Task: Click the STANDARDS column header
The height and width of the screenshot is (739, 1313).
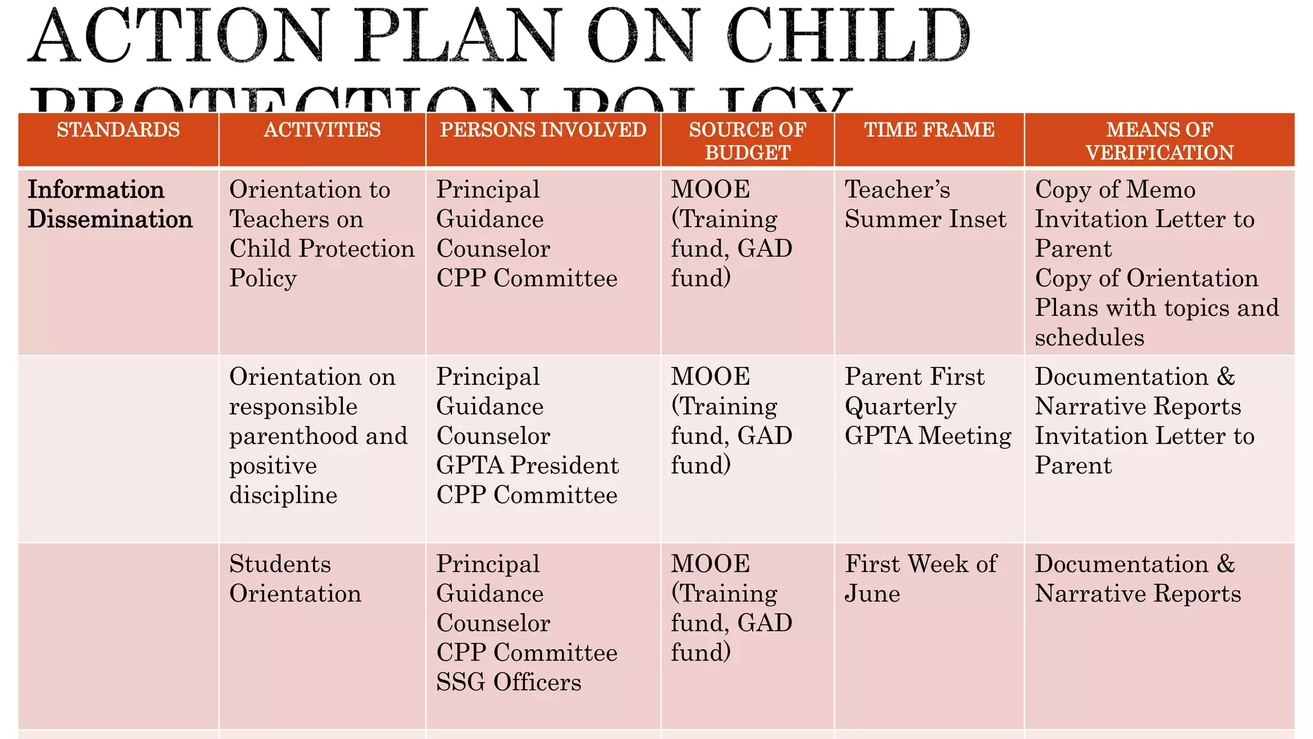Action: pos(118,130)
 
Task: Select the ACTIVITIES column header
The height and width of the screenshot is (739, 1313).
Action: pos(322,130)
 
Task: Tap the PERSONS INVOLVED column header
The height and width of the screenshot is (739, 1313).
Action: pos(543,130)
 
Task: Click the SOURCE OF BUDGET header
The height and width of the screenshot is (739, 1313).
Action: pos(747,141)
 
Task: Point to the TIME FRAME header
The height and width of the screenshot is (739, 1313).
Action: pos(929,130)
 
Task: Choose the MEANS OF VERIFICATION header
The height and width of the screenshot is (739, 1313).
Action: pos(1159,141)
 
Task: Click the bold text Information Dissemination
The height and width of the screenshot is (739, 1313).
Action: pos(110,205)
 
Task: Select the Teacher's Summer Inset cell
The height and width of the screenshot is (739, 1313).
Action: pos(925,205)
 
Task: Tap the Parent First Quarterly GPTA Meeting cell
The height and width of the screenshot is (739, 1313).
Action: pos(928,406)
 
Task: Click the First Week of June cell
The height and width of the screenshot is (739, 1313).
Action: pos(920,579)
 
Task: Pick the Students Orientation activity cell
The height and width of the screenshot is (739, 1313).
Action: pos(295,579)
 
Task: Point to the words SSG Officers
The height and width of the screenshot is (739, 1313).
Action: pos(508,683)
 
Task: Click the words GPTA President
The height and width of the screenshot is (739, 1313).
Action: pos(527,466)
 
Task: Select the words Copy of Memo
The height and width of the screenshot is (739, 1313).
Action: pos(1115,190)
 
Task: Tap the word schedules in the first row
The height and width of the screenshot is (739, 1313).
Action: pos(1089,337)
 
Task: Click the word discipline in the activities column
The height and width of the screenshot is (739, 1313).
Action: pos(283,495)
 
